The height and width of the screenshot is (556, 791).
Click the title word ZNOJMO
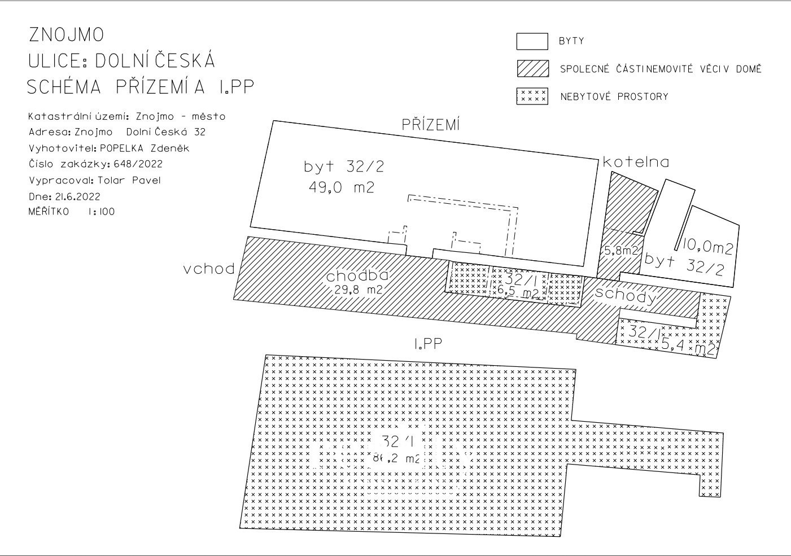click(67, 35)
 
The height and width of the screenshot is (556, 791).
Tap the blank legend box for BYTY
click(532, 42)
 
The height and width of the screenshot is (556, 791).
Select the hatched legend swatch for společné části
click(532, 68)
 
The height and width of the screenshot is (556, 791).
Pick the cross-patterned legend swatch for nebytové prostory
click(532, 96)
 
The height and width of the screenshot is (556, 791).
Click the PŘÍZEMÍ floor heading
click(431, 125)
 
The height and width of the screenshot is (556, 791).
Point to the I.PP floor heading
click(427, 343)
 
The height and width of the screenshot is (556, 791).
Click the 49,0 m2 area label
click(341, 187)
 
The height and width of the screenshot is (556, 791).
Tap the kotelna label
click(636, 163)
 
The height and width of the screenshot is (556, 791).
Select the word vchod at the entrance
click(209, 269)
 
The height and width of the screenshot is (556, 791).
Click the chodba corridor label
click(357, 276)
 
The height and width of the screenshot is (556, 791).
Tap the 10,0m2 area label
click(707, 247)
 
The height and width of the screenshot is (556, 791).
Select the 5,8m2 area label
click(621, 251)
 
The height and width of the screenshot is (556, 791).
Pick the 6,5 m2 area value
click(518, 292)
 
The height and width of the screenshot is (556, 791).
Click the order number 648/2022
click(138, 164)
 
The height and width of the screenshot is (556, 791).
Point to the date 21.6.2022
click(78, 197)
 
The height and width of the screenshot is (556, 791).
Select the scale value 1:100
click(101, 212)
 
